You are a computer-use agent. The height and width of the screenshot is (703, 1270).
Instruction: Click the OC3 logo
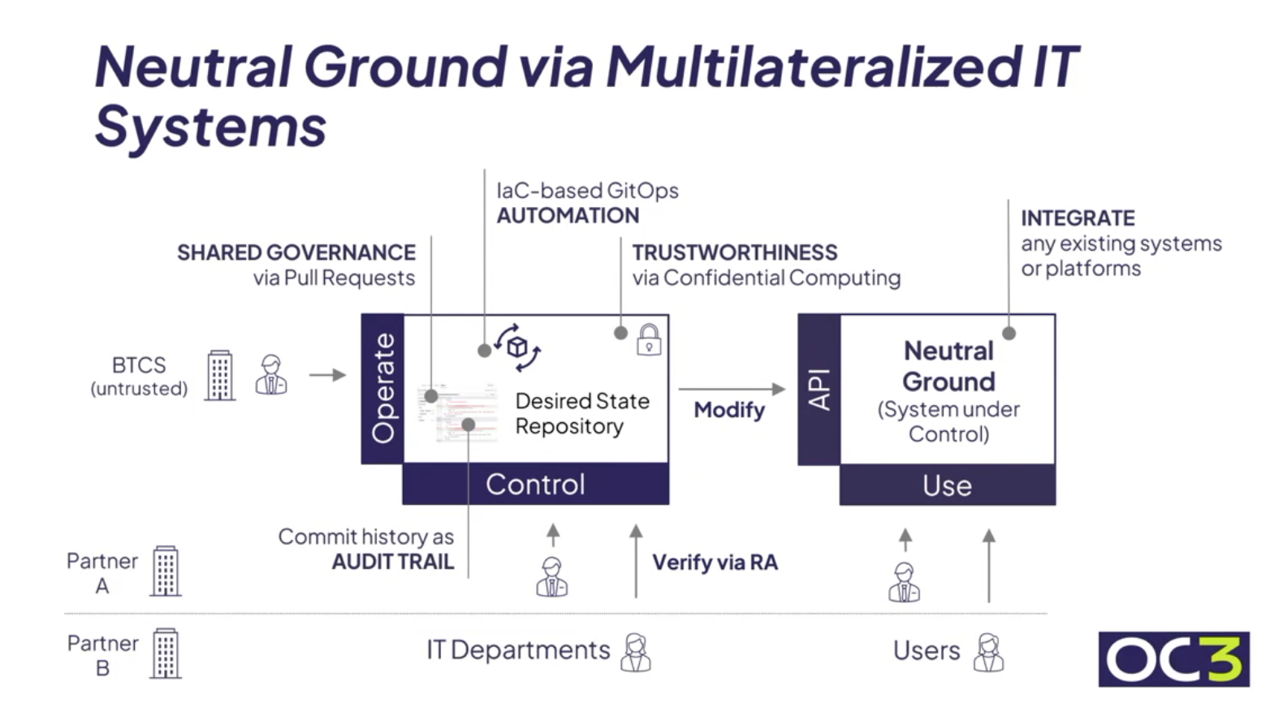point(1173,658)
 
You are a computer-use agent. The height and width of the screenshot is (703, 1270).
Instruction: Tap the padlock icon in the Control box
point(649,340)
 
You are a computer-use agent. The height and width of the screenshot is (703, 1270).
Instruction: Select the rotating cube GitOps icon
point(518,347)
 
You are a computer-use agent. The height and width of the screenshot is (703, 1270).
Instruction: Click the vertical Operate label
point(382,388)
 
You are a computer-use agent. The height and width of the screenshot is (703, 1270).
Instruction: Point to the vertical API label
point(819,390)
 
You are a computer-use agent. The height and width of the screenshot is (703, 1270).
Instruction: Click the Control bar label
point(535,485)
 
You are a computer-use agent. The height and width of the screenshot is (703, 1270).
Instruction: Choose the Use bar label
point(947,485)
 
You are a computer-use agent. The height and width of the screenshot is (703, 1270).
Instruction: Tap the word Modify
point(729,410)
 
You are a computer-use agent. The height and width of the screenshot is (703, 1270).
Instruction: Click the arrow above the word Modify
point(732,390)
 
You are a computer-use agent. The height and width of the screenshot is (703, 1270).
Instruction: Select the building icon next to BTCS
point(220,375)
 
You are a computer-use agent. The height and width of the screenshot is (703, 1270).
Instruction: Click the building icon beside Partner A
point(166,571)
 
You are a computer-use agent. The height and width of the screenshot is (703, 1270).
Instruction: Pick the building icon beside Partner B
point(166,653)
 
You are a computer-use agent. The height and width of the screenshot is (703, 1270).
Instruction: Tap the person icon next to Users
point(988,653)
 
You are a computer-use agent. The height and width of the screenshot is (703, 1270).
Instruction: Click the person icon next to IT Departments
point(636,653)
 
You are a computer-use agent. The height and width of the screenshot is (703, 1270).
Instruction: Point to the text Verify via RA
point(715,563)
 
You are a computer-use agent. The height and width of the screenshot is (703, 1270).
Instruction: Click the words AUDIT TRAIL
point(393,562)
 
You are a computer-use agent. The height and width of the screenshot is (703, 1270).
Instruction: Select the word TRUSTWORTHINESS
point(735,252)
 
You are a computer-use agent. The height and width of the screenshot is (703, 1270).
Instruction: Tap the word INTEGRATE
point(1078,218)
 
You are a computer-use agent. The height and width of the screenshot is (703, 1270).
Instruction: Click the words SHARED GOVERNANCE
point(296,252)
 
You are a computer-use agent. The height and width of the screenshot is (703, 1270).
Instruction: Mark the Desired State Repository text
point(582,413)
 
